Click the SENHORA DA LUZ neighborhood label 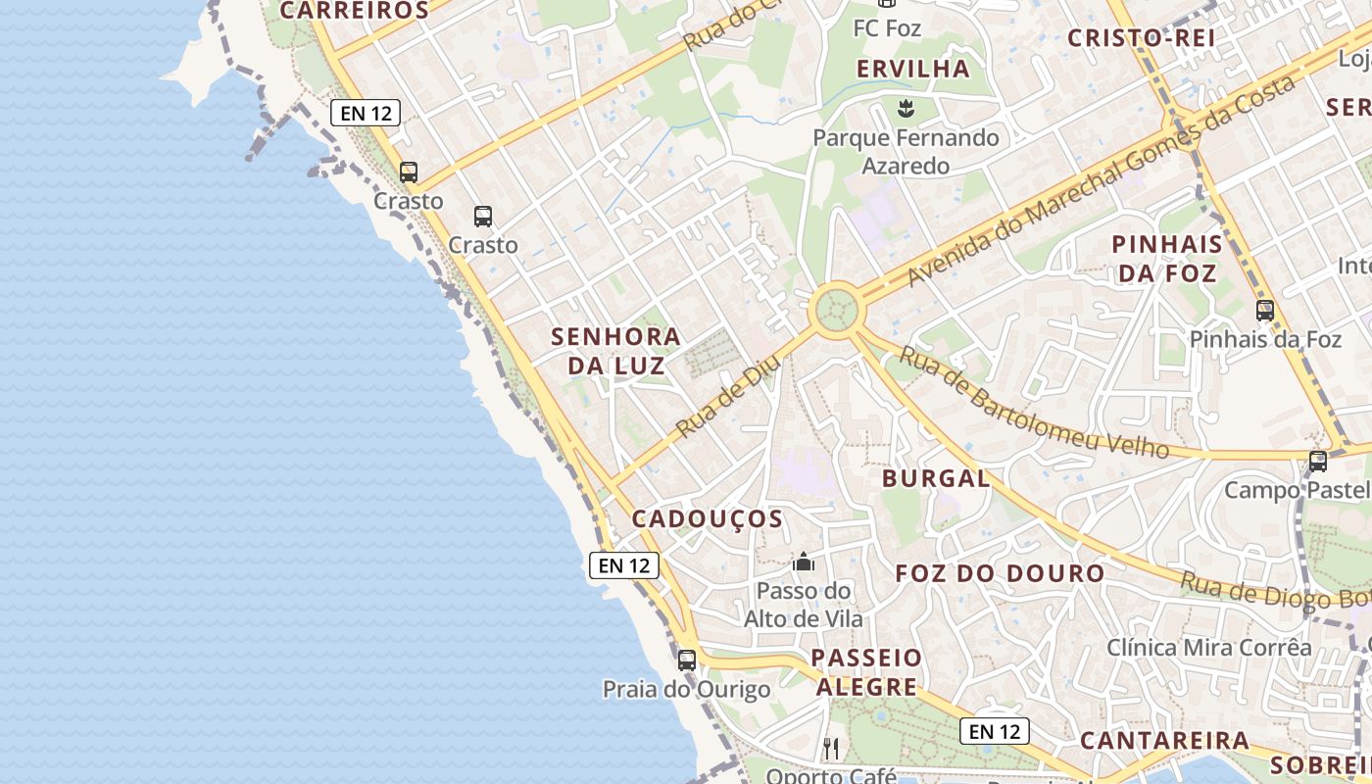click(615, 351)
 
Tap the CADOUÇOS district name click(708, 518)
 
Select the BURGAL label click(936, 478)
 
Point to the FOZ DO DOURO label click(1001, 573)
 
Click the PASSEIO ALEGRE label click(867, 671)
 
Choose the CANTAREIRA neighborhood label click(1165, 740)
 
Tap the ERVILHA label click(913, 69)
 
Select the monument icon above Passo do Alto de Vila click(804, 562)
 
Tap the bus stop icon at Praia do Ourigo click(687, 660)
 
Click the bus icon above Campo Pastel click(1318, 461)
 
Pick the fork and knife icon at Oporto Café click(831, 749)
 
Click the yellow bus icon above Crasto click(409, 172)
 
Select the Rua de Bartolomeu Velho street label click(1034, 403)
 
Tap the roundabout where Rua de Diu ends click(837, 311)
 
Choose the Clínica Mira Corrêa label click(1209, 648)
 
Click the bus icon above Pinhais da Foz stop click(1265, 311)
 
